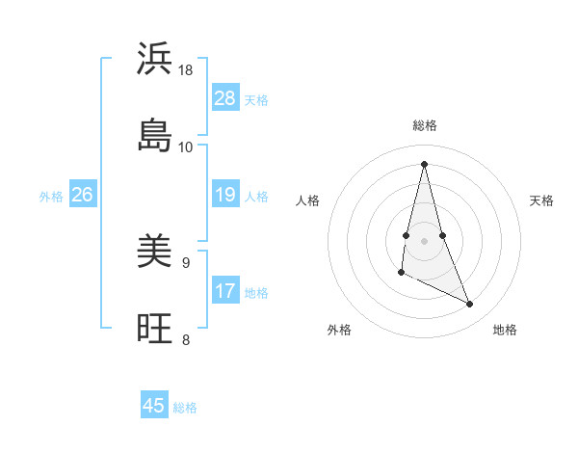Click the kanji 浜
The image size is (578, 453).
(x=154, y=59)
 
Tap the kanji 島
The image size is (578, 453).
(x=154, y=135)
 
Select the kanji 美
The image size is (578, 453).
(x=154, y=253)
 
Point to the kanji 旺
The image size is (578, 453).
(x=154, y=329)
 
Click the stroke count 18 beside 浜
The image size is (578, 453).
(x=186, y=70)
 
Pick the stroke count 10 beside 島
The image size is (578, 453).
(x=186, y=147)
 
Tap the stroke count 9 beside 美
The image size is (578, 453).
(x=186, y=262)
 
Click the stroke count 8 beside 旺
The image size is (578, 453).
(x=186, y=338)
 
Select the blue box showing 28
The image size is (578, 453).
(x=224, y=98)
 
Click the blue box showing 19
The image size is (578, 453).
(x=224, y=195)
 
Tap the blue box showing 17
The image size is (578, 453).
(x=224, y=291)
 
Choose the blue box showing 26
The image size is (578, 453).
(x=82, y=195)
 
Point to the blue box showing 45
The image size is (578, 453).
(x=154, y=406)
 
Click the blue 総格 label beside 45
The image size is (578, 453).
(x=185, y=408)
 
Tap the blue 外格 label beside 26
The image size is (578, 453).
(x=51, y=197)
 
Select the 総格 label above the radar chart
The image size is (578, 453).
(x=425, y=125)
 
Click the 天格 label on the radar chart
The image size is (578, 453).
(x=541, y=200)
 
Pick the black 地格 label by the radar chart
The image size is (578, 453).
(x=505, y=330)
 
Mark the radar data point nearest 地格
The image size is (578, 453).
(x=470, y=305)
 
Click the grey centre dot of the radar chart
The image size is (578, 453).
(x=425, y=240)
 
